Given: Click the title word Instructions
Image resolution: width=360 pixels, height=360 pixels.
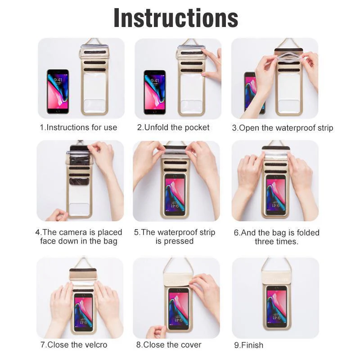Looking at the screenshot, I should point(175,18).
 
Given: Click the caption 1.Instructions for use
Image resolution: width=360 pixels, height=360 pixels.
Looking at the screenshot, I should point(78,127).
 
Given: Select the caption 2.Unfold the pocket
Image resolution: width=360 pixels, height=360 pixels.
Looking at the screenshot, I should point(173,127).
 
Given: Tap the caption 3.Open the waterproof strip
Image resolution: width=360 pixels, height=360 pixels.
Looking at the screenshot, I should point(282,128).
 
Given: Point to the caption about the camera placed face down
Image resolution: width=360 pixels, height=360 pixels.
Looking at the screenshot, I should point(79,237).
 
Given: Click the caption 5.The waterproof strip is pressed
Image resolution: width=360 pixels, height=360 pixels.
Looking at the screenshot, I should point(175,237).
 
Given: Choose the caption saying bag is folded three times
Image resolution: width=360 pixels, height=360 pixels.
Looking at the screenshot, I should point(276,237).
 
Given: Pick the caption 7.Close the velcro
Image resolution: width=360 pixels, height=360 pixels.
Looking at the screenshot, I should point(74,345).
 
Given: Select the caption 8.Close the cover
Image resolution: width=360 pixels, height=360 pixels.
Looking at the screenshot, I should point(169,345).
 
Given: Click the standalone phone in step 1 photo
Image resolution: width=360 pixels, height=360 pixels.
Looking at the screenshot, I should point(58,91).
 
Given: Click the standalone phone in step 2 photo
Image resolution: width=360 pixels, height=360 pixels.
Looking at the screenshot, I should point(155,92).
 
